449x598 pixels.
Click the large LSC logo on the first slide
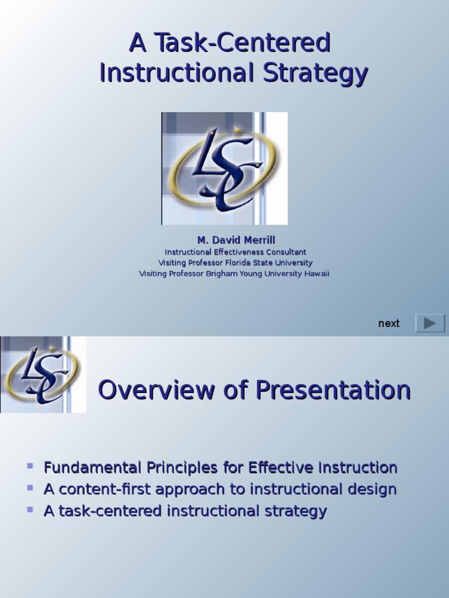point(224,168)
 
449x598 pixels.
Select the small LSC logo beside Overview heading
point(43,375)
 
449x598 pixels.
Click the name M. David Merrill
point(236,240)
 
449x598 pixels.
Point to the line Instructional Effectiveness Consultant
point(236,252)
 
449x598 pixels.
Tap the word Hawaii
point(316,273)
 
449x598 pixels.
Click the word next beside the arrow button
point(389,324)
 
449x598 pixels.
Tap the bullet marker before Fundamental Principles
point(30,466)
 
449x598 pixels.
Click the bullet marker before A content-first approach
point(30,488)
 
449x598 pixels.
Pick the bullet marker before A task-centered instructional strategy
point(30,509)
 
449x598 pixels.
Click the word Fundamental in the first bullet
point(93,468)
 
